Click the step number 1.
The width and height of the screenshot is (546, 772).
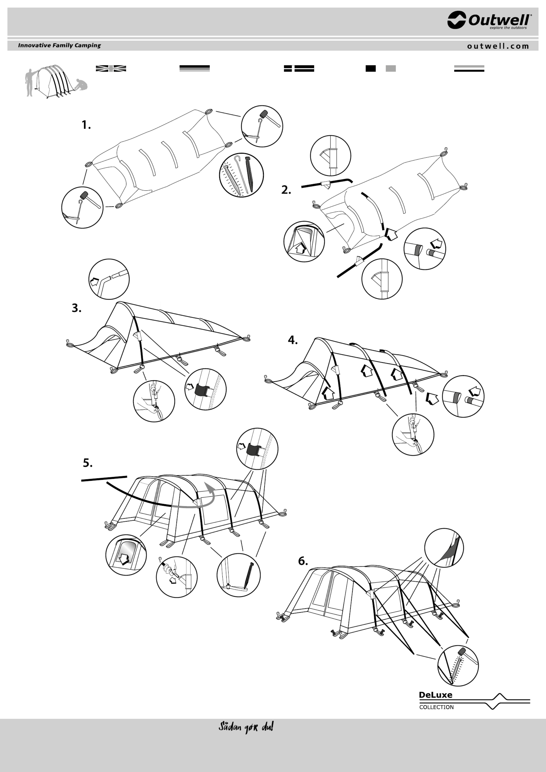(86, 125)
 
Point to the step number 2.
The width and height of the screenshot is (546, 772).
(286, 190)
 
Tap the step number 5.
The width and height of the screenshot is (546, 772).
(88, 463)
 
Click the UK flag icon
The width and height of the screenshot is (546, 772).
(111, 69)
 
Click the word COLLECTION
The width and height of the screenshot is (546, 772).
(436, 707)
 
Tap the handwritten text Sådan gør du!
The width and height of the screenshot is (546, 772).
(246, 727)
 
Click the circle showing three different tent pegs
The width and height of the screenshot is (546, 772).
(241, 175)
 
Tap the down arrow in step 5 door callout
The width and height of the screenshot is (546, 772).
(124, 559)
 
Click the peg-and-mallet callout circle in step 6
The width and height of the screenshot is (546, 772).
(458, 665)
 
